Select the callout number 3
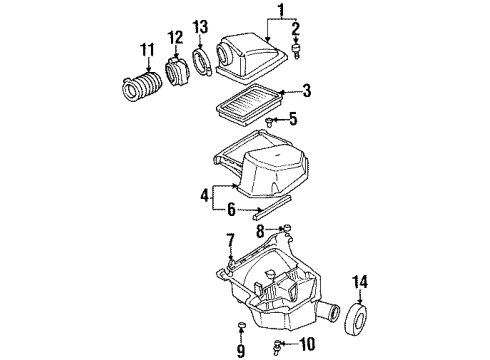[307, 91]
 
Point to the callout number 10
[307, 346]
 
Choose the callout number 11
[147, 49]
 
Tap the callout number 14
[361, 282]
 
